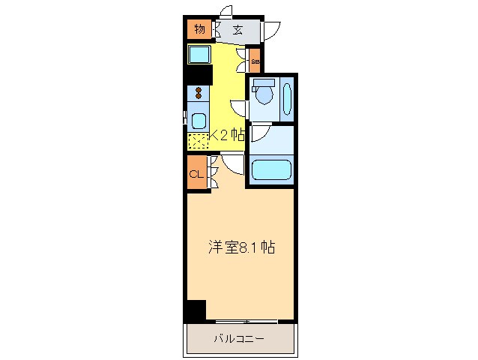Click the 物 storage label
(x=199, y=30)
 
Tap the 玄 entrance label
(x=237, y=31)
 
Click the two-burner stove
(x=199, y=93)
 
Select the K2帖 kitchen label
(x=227, y=136)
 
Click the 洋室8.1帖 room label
(x=240, y=247)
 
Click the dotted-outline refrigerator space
(x=197, y=139)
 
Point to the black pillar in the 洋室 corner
(x=195, y=310)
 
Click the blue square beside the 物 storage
(x=199, y=55)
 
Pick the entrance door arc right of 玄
(x=270, y=31)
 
